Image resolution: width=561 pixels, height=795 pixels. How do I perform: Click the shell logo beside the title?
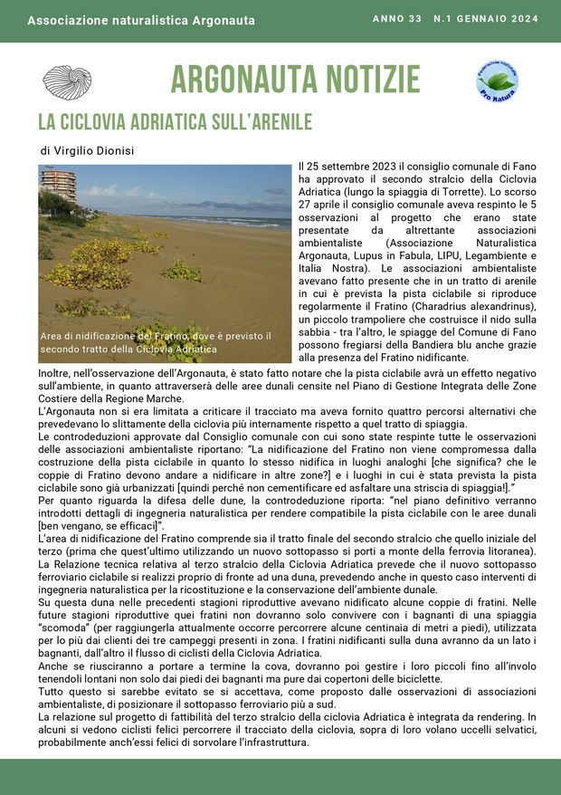[67, 82]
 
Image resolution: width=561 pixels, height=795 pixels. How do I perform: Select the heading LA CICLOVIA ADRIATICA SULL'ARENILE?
[175, 122]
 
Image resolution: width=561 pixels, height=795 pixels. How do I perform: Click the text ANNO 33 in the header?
[397, 19]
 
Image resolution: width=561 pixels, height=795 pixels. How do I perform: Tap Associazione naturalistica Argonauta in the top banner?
[141, 20]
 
